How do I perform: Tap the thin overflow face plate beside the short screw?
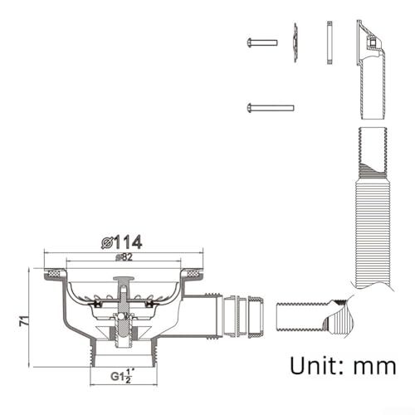pyautogui.click(x=295, y=42)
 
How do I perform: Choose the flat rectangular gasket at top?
pyautogui.click(x=330, y=44)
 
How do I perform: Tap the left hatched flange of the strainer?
pyautogui.click(x=56, y=271)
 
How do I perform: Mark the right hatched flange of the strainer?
pyautogui.click(x=190, y=271)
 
